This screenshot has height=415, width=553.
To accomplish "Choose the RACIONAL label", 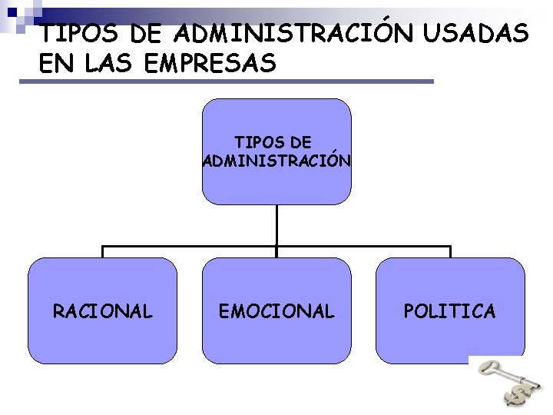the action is pos(102,311).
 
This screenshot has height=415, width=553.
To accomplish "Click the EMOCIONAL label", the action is pos(276,311).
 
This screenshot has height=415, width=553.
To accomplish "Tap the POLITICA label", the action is pos(450,311).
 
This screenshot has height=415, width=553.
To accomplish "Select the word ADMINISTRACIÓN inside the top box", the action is pos(276,161).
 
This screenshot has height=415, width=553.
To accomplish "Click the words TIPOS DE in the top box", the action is pos(273,143).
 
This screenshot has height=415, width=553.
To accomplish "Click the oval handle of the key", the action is pos(488,367).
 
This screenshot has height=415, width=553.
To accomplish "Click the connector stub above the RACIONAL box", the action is pos(103,252).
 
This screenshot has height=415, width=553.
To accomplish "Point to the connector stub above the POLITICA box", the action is pos(450,252).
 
